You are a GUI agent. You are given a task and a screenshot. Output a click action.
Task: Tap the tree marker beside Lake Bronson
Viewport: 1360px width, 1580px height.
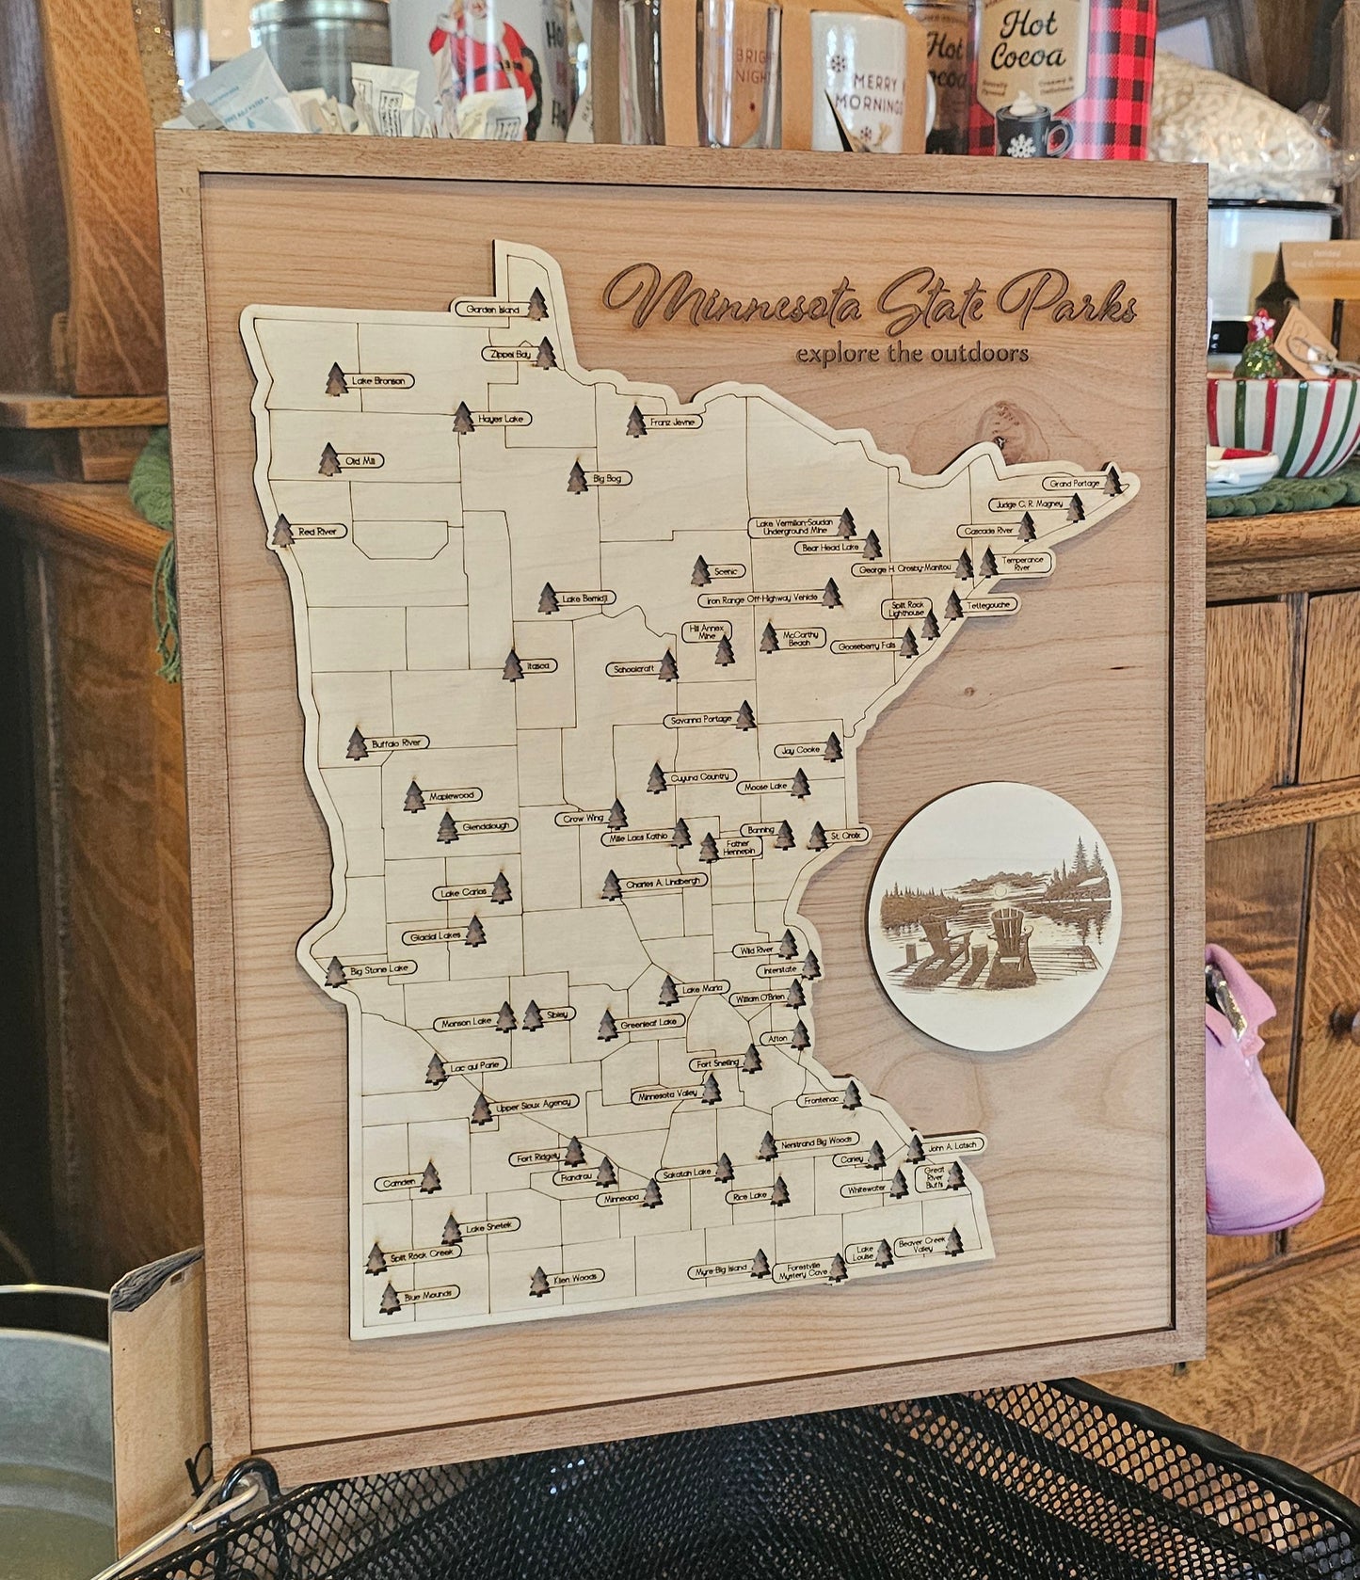(336, 379)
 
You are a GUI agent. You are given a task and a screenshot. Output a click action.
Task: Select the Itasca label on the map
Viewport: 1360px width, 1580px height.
(539, 665)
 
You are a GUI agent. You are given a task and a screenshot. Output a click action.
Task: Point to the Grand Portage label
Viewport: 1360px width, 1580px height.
(1074, 483)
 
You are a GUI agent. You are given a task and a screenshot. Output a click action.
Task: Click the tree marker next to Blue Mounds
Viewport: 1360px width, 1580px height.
(389, 1298)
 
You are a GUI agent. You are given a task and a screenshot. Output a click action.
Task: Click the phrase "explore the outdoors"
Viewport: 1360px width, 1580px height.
(911, 354)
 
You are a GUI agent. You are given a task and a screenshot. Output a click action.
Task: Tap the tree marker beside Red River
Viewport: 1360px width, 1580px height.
(282, 531)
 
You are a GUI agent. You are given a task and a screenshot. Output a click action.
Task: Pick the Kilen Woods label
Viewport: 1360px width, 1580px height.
(576, 1278)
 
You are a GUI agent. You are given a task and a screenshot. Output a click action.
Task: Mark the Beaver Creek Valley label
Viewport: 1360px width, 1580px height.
(920, 1245)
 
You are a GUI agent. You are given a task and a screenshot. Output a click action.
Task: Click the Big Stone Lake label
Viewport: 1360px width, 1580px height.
(381, 968)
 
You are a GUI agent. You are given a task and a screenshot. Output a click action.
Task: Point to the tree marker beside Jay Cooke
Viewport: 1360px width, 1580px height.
(833, 747)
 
